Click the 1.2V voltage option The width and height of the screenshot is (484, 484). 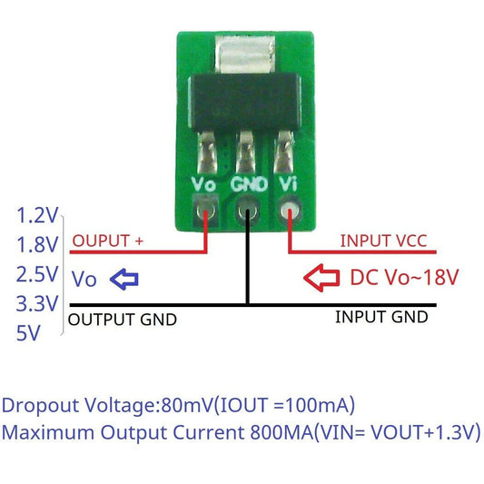pos(37,216)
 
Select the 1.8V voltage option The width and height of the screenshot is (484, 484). pos(37,245)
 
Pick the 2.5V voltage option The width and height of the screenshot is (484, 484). pos(37,274)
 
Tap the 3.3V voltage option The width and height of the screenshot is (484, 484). pos(37,303)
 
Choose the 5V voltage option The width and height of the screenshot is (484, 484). pos(29,332)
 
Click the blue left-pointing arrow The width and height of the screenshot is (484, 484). pos(123,279)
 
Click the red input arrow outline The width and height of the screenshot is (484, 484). pos(322,277)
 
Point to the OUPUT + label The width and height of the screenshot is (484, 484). pos(107,242)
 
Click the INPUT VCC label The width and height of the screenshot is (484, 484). pos(382,242)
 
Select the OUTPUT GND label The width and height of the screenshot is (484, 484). pos(123,320)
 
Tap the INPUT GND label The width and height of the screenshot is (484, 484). pos(380,317)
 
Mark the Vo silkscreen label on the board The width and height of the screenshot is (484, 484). pos(204,183)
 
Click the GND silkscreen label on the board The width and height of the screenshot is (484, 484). pos(248,183)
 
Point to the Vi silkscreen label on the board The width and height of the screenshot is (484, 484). pos(289,183)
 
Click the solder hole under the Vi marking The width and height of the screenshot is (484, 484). pos(290,213)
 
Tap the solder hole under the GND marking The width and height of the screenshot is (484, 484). pos(247,214)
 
